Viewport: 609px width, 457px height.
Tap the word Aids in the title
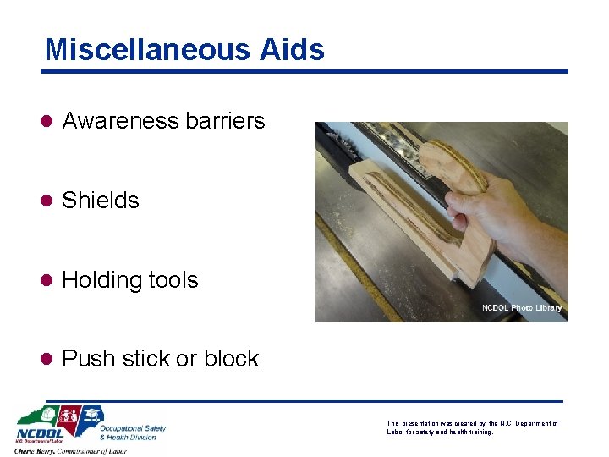click(292, 49)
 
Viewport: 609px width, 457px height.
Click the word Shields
click(101, 201)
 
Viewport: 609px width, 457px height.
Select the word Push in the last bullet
click(88, 359)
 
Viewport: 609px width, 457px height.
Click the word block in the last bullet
click(231, 359)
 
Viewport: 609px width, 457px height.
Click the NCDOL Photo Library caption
click(521, 308)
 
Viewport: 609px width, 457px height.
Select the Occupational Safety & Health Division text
click(133, 432)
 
